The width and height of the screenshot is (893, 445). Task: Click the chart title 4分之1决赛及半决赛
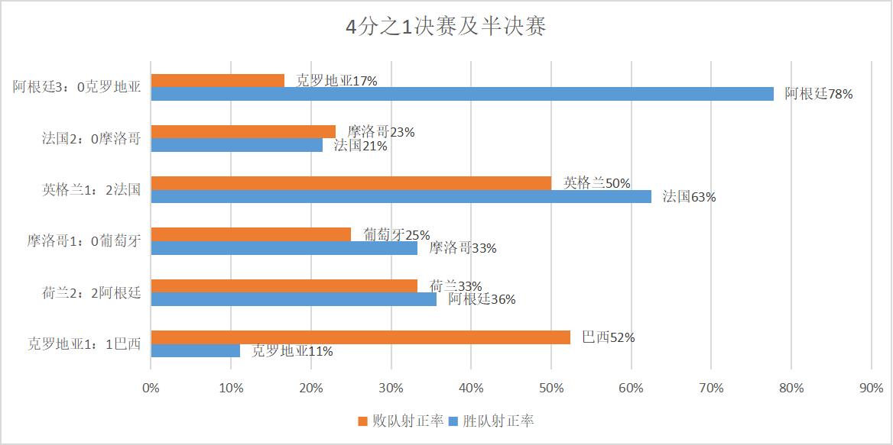pos(446,27)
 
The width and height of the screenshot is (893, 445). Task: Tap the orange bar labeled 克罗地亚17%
pos(217,80)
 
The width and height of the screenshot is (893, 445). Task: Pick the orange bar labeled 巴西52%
pos(360,337)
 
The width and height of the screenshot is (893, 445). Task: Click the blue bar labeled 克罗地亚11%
pos(195,351)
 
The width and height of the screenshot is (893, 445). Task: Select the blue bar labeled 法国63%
pos(401,197)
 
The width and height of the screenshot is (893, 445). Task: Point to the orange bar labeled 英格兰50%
pos(351,183)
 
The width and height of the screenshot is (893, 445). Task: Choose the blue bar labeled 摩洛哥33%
pos(284,248)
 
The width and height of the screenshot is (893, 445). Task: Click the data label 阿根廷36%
pos(482,299)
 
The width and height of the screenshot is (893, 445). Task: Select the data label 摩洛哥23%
pos(381,132)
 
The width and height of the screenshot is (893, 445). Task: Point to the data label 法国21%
pos(360,146)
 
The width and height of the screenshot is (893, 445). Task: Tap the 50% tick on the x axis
pos(550,388)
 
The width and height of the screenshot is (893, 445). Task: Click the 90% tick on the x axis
pos(871,388)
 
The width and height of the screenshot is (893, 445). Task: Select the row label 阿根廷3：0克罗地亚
pos(76,87)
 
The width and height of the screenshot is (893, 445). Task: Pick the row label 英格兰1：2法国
pos(91,190)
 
